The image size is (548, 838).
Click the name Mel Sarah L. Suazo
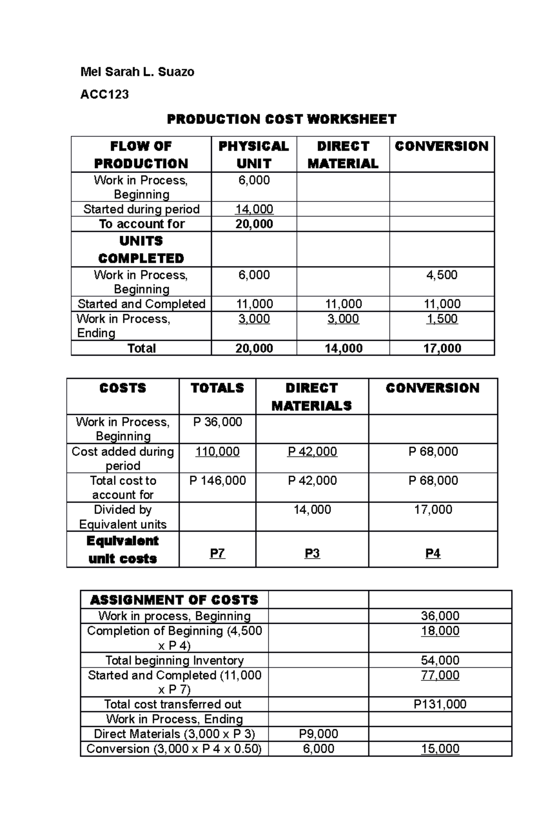pyautogui.click(x=137, y=72)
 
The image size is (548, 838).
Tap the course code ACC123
pyautogui.click(x=104, y=95)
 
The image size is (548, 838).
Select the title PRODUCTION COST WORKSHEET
pyautogui.click(x=281, y=119)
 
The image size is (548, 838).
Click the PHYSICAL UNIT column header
pyautogui.click(x=253, y=154)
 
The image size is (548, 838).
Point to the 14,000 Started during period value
pyautogui.click(x=254, y=209)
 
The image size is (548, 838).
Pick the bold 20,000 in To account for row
pyautogui.click(x=254, y=224)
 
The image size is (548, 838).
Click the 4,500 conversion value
pyautogui.click(x=442, y=275)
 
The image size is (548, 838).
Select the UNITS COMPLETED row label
pyautogui.click(x=141, y=249)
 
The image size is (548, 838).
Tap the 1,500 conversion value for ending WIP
pyautogui.click(x=442, y=319)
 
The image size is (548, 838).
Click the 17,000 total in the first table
pyautogui.click(x=442, y=348)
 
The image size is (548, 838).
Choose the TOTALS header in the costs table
pyautogui.click(x=217, y=388)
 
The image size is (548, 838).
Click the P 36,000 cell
pyautogui.click(x=217, y=422)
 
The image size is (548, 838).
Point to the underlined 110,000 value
pyautogui.click(x=217, y=452)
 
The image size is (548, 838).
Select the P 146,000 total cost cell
pyautogui.click(x=217, y=480)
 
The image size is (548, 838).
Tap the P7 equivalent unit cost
pyautogui.click(x=217, y=553)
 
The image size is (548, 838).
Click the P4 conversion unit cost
pyautogui.click(x=432, y=553)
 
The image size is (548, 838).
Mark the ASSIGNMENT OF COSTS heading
pyautogui.click(x=174, y=600)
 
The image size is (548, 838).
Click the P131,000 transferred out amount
pyautogui.click(x=440, y=704)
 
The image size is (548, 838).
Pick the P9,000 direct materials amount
pyautogui.click(x=318, y=734)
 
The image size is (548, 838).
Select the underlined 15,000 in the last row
pyautogui.click(x=440, y=748)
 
